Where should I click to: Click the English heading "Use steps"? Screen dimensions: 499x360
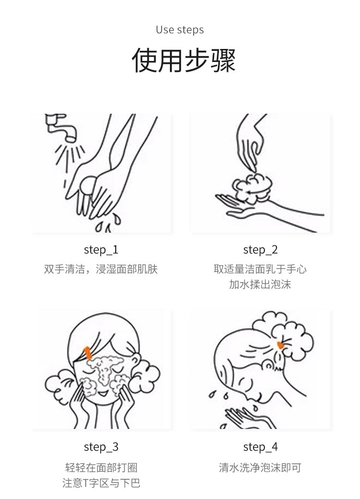(x=180, y=30)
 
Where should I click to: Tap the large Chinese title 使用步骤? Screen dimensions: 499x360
(x=184, y=60)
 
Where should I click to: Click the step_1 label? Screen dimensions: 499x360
(x=101, y=249)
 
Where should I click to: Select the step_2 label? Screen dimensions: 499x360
(x=260, y=249)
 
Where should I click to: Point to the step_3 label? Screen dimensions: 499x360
(x=101, y=447)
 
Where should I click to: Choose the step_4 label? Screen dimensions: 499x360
(x=260, y=447)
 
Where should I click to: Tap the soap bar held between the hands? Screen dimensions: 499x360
(x=88, y=186)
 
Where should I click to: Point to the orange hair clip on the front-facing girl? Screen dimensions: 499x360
(x=88, y=353)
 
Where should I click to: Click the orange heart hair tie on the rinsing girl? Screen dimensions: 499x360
(x=281, y=344)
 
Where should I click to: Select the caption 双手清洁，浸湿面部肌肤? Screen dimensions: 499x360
(x=101, y=269)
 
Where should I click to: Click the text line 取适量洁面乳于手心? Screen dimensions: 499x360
(x=260, y=269)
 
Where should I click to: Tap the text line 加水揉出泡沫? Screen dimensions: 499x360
(x=260, y=285)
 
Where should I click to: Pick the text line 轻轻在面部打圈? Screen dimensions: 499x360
(x=101, y=467)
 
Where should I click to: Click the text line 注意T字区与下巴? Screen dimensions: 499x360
(x=101, y=483)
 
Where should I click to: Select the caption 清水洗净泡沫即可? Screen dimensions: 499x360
(x=260, y=467)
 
